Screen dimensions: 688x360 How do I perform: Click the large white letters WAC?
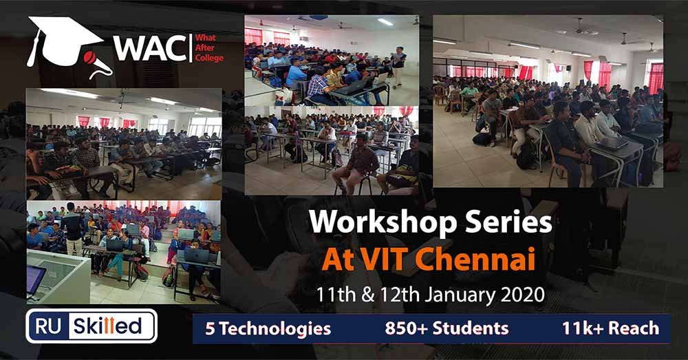[151, 48]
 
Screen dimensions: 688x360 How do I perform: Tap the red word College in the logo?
[209, 58]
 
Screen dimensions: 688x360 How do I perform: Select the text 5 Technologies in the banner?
[268, 329]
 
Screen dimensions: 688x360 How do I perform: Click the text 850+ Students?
[447, 328]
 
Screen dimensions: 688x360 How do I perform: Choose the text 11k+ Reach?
[610, 328]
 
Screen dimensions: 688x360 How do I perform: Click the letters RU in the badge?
[48, 326]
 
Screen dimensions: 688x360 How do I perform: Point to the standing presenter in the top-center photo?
[398, 66]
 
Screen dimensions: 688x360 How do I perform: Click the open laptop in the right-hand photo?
[612, 143]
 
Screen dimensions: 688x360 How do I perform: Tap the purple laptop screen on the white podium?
[35, 279]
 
